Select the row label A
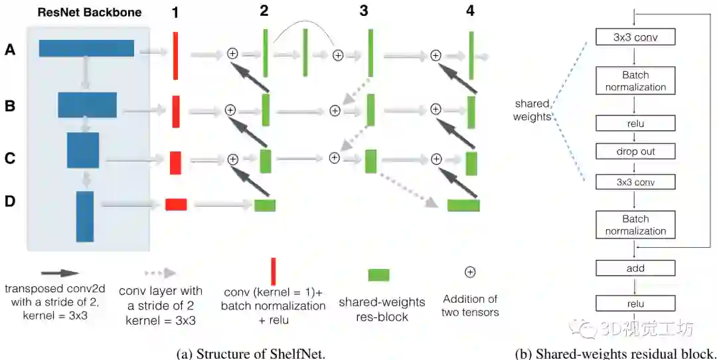[10, 48]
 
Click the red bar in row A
[175, 55]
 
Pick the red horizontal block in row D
[176, 205]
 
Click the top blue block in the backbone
[86, 48]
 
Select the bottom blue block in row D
[85, 216]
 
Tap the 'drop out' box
[635, 151]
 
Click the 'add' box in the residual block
[635, 268]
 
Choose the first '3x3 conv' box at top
[635, 37]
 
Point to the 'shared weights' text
[532, 110]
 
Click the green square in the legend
[378, 275]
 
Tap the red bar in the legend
[273, 272]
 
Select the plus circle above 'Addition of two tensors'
[469, 272]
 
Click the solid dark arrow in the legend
[60, 273]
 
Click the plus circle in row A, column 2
[232, 54]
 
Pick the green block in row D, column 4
[463, 205]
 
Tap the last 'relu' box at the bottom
[635, 304]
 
